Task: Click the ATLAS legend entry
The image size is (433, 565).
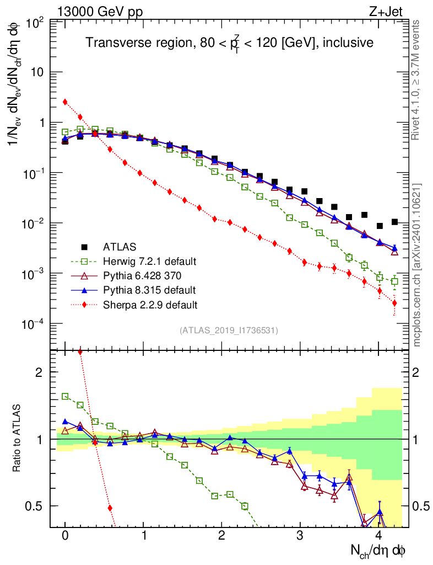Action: tap(120, 246)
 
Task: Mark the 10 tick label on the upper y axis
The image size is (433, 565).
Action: tap(37, 72)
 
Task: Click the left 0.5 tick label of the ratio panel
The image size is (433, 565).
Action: tap(36, 506)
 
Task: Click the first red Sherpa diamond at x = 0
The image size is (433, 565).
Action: tap(65, 102)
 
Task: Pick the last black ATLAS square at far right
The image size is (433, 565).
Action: tap(394, 222)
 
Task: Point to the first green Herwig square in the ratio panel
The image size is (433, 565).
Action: tap(65, 396)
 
